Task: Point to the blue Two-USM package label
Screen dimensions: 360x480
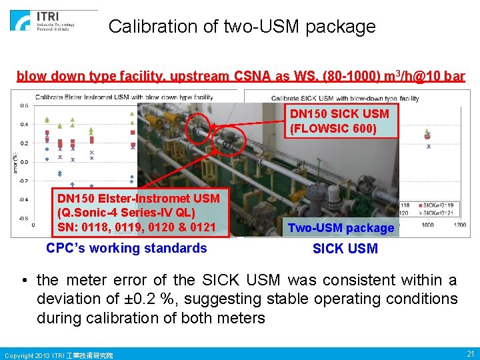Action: pos(341,228)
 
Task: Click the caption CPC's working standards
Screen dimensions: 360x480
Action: pos(127,248)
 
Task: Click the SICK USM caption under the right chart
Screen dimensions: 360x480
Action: pos(345,249)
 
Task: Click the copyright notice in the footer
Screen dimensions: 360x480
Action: pos(59,355)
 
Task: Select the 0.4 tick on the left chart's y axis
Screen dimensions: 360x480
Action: pos(23,124)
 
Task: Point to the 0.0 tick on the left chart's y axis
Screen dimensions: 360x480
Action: pos(23,162)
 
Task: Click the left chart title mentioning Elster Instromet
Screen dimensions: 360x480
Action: pos(124,97)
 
